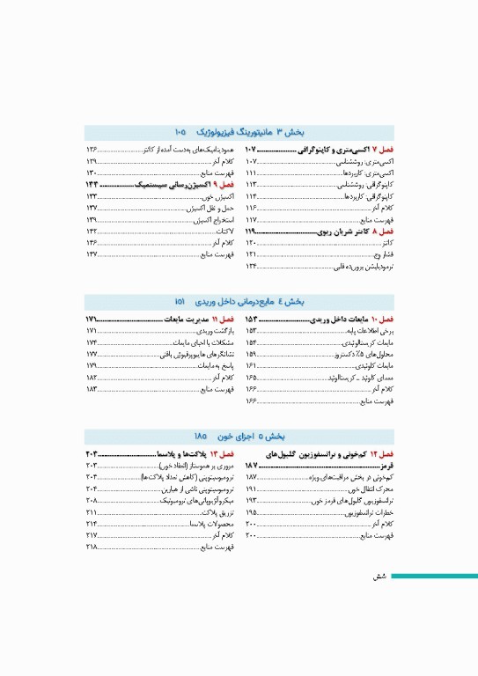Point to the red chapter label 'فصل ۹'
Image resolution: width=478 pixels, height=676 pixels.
(225, 186)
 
